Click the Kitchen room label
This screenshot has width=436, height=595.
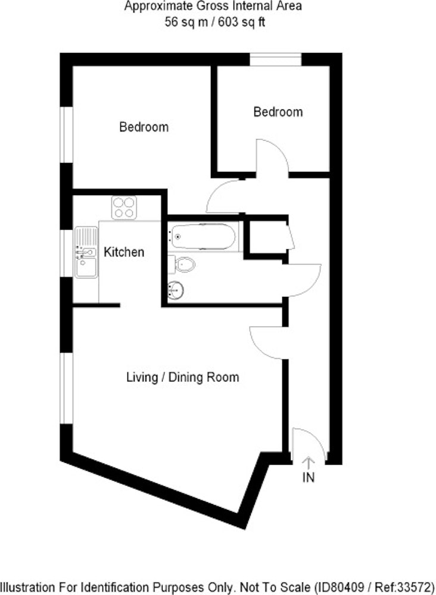coord(124,252)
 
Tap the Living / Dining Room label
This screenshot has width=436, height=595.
coord(183,377)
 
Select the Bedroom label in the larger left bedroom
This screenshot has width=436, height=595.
coord(144,126)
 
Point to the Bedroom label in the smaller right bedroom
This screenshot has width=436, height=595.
coord(278,112)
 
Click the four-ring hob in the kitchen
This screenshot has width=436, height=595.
coord(124,207)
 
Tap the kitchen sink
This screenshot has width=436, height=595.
coord(86,252)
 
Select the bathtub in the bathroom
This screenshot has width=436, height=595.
coord(203,236)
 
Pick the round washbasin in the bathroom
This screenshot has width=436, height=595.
coord(176,290)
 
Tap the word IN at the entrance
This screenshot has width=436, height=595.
coord(309,477)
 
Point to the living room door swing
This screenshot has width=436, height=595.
coord(266,342)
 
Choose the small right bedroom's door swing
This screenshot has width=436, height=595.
coord(272,158)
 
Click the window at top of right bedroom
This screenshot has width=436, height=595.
coord(276,59)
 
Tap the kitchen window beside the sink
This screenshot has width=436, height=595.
coord(66,253)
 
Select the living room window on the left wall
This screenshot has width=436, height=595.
coord(66,388)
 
